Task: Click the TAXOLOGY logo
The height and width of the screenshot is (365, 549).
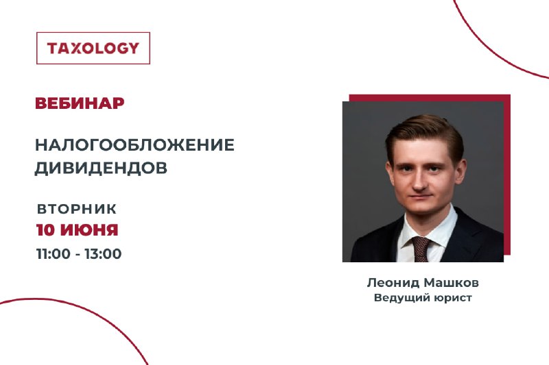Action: tap(93, 48)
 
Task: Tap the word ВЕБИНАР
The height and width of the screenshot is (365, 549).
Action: tap(80, 103)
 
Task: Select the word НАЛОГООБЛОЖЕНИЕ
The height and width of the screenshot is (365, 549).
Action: tap(135, 144)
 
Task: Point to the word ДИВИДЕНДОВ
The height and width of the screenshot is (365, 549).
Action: tap(101, 168)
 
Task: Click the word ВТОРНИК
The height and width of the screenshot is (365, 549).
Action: tap(77, 209)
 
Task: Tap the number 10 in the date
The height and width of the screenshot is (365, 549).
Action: tap(45, 230)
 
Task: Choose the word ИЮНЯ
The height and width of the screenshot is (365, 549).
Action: tap(89, 230)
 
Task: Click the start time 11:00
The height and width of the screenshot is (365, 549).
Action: tap(54, 253)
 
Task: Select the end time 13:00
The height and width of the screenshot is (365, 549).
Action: tap(103, 253)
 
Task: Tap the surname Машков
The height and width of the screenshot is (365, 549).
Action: tap(451, 283)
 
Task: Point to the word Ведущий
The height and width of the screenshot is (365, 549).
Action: tap(402, 298)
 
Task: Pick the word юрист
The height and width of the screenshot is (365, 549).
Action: tap(453, 299)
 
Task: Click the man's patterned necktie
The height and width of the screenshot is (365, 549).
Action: tap(421, 249)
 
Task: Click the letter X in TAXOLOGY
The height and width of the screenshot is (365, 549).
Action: tap(75, 48)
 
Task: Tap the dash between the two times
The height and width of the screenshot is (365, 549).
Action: tap(78, 255)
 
